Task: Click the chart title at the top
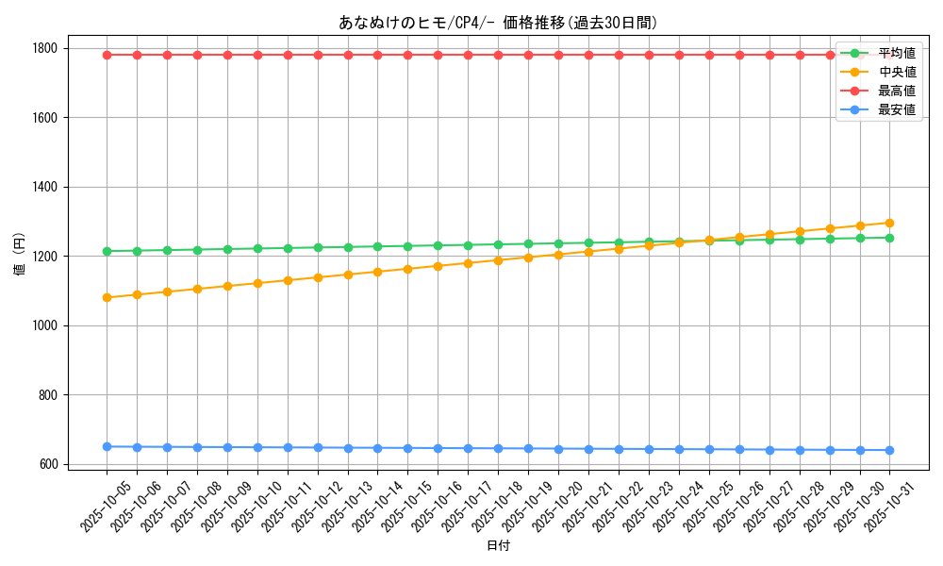click(498, 23)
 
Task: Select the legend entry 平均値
click(896, 53)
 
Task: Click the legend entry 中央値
click(896, 72)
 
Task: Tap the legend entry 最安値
click(896, 109)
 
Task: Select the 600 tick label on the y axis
click(47, 464)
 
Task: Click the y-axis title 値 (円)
click(19, 255)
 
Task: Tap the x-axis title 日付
click(498, 546)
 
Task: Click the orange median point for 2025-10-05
click(107, 297)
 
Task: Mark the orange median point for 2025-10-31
click(889, 223)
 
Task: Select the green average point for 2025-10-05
click(107, 251)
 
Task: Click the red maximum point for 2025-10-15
click(407, 55)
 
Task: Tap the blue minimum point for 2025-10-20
click(558, 449)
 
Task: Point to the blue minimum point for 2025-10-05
click(107, 446)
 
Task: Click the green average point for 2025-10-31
click(889, 238)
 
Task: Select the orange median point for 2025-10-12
click(318, 277)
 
